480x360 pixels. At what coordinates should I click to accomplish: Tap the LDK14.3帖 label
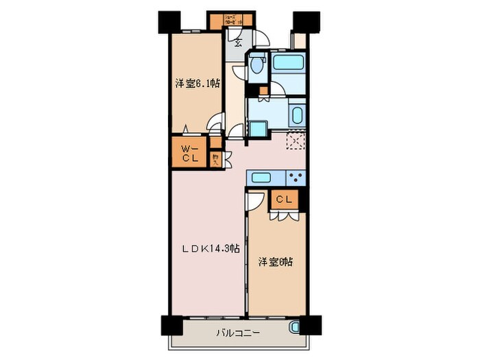[211, 248]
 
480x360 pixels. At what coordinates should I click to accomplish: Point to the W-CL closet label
[189, 154]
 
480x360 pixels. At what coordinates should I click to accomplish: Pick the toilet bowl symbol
[258, 66]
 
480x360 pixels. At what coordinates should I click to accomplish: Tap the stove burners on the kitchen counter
[296, 178]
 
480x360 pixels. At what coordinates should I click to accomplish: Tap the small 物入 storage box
[215, 159]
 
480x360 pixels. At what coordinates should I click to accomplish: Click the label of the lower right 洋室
[276, 262]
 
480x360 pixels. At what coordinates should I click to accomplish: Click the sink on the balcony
[295, 328]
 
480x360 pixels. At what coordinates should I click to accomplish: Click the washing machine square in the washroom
[258, 129]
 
